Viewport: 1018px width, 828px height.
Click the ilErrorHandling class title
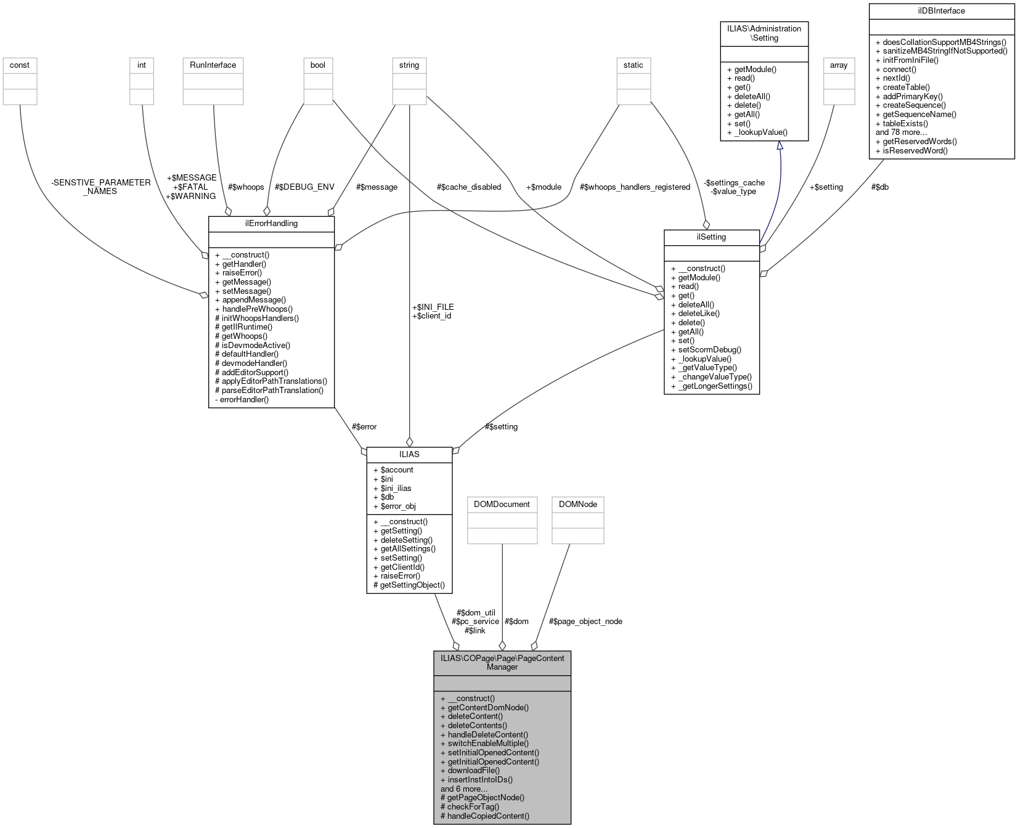(x=271, y=224)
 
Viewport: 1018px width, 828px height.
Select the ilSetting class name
(x=711, y=237)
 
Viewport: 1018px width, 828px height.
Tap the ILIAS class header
(x=409, y=455)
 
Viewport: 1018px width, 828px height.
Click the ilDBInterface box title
(x=941, y=11)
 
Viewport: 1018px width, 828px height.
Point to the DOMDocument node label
(x=502, y=505)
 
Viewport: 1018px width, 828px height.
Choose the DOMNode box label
(x=577, y=505)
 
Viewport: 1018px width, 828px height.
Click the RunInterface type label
(x=213, y=65)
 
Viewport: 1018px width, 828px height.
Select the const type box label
(x=20, y=65)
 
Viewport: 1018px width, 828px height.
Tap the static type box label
(x=633, y=65)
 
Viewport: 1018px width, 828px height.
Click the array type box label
(x=839, y=65)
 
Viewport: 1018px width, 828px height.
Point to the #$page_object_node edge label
(x=585, y=622)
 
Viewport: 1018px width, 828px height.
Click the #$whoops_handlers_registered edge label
(x=635, y=187)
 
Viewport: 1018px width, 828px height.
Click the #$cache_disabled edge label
(x=468, y=187)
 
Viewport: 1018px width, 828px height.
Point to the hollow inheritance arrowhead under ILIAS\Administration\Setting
(x=780, y=146)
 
